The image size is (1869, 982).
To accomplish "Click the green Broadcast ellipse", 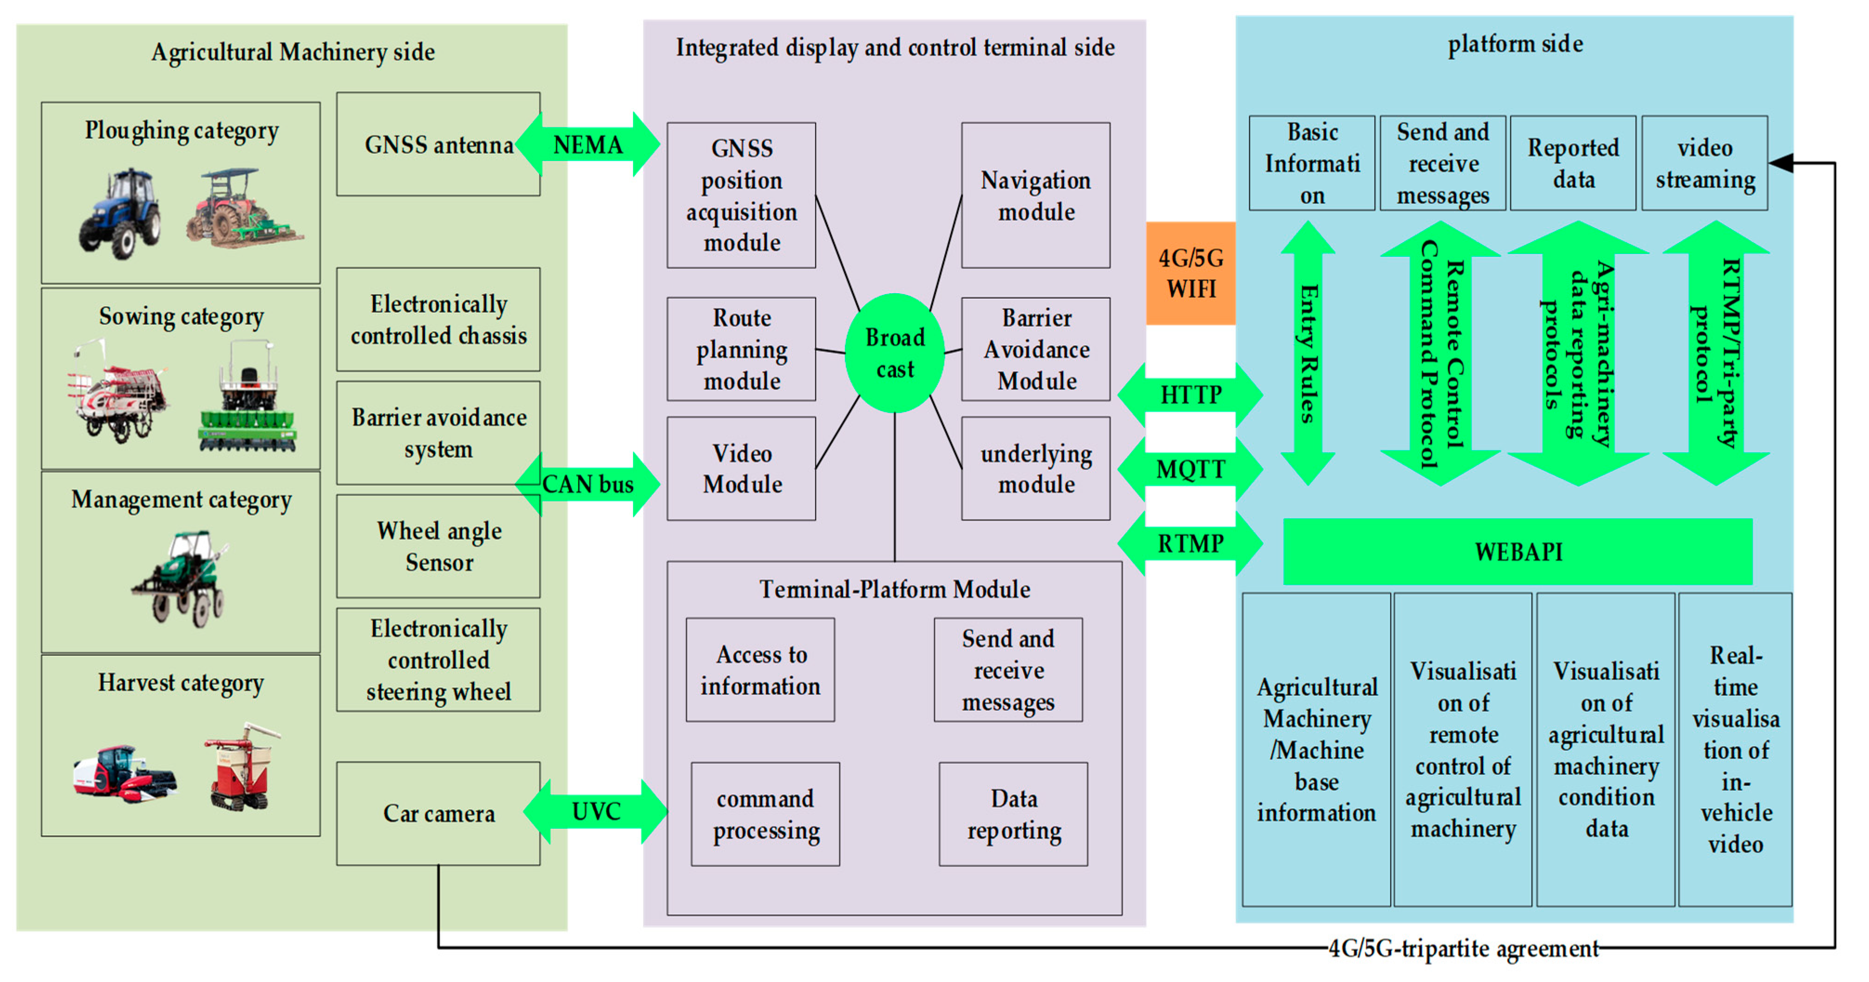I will pos(895,354).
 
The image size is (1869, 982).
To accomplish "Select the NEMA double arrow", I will pos(588,144).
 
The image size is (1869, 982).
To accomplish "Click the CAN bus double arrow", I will pos(588,484).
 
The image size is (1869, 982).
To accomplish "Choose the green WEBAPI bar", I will pos(1518,551).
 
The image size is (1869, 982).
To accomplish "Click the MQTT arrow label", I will pos(1190,470).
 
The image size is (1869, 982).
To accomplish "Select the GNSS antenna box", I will pos(438,144).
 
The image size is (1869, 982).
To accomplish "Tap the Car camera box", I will pos(438,813).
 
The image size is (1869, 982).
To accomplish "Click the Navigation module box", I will pos(1035,195).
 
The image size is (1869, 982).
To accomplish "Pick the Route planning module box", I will pos(741,349).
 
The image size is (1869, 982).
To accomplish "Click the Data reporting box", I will pos(1013,814).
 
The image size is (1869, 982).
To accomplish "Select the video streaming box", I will pos(1704,164).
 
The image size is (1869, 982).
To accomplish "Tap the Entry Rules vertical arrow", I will pos(1307,354).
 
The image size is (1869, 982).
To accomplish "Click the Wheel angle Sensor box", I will pos(438,547).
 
